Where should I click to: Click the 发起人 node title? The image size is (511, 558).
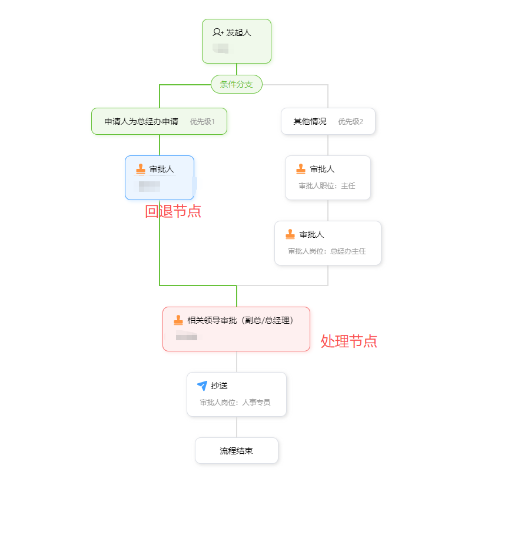pos(238,32)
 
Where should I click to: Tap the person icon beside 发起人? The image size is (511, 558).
pos(218,32)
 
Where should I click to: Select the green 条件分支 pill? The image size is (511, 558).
pos(236,84)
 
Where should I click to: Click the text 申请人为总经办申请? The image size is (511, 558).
pos(141,121)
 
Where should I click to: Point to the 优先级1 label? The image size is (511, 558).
pos(202,122)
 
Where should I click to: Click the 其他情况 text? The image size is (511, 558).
pos(310,121)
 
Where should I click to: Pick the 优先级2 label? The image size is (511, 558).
pos(350,122)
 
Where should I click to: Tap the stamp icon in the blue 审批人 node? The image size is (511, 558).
pos(141,170)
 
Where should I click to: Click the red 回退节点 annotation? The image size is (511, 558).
pos(173,211)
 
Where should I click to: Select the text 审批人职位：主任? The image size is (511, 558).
pos(327,186)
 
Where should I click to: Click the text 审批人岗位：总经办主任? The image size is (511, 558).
pos(327,251)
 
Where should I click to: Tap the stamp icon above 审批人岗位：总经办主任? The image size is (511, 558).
pos(290,234)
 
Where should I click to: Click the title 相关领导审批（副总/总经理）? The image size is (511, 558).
pos(240,320)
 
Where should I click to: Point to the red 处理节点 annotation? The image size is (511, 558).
pos(349,341)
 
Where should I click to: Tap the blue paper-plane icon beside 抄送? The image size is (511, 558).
pos(202,386)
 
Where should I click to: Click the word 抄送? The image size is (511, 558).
pos(219,386)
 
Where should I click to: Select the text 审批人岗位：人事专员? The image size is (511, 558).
pos(235,403)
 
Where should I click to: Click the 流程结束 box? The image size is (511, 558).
pos(236,451)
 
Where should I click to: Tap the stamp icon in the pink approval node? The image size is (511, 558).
pos(178,320)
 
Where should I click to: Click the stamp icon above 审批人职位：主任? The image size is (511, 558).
pos(301,169)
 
